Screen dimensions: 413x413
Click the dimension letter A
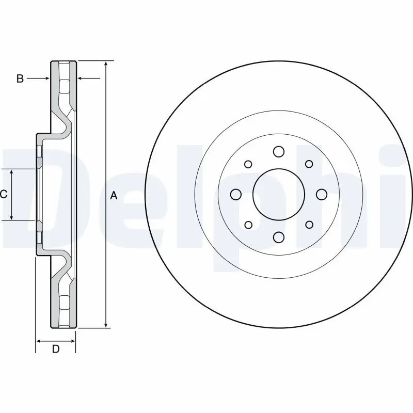114,195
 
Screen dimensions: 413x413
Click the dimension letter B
20,78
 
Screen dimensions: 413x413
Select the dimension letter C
4,195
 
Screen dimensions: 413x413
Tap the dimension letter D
56,350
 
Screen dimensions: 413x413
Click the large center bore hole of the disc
278,194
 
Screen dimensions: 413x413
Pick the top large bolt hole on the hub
279,151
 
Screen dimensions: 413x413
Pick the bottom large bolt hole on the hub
279,237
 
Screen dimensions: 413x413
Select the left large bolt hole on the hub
236,194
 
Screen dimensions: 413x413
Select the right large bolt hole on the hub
322,194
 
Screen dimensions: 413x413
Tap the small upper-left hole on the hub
248,164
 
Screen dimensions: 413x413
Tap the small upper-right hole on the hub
309,164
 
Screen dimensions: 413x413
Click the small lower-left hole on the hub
248,225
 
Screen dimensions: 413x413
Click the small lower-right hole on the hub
309,225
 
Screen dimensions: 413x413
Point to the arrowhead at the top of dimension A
106,63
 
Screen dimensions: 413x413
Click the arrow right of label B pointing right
46,78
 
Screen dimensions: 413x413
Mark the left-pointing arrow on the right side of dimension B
81,78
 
